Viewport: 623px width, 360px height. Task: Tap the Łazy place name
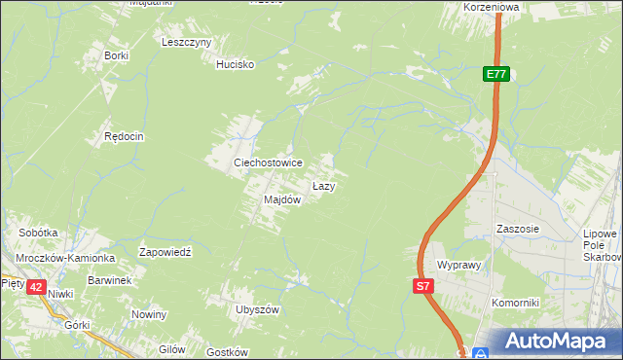tap(323, 185)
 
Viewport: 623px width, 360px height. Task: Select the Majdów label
tap(282, 199)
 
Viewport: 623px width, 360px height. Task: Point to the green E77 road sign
tap(496, 74)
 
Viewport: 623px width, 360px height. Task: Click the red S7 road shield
tap(422, 286)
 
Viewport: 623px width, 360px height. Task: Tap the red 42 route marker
tap(36, 287)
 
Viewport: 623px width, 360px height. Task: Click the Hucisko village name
tap(235, 64)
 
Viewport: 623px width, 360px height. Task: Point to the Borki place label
tap(116, 55)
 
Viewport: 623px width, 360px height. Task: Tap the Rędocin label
tap(124, 137)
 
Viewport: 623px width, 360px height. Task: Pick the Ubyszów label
tap(257, 309)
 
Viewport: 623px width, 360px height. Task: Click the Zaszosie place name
tap(517, 229)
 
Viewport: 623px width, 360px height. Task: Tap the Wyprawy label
tap(461, 265)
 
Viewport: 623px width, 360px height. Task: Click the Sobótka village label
tap(39, 234)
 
